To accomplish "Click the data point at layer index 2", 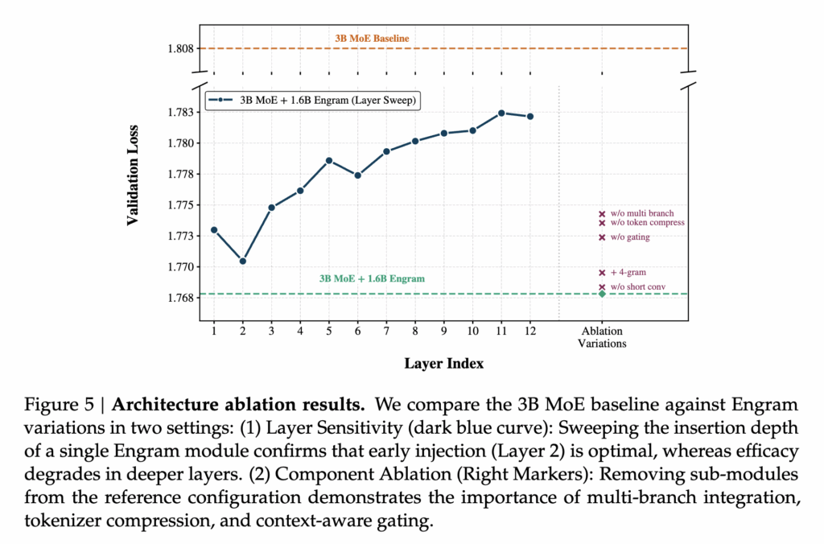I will point(243,261).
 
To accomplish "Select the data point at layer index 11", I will point(501,113).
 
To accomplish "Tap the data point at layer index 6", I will point(358,175).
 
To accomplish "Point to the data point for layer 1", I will point(214,230).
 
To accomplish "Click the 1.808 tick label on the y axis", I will point(179,49).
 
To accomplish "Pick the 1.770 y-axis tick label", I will point(179,267).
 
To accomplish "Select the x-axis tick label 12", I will point(529,331).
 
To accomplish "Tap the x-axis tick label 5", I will point(329,331).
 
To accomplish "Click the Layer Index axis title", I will point(444,364).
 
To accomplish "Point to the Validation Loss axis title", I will point(134,175).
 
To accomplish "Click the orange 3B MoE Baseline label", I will point(373,38).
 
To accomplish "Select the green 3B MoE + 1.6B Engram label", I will point(372,279).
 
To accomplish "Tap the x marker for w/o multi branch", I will point(602,214).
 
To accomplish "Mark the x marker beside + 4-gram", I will point(602,273).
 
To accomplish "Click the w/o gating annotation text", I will point(630,237).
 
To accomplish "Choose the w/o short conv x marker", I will point(602,287).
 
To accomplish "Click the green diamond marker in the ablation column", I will point(602,294).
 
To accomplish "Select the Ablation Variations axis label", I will point(602,337).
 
